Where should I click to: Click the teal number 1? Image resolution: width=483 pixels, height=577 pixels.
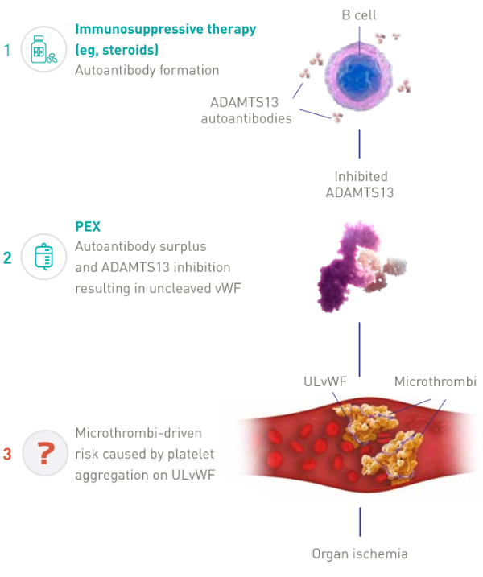coord(8,51)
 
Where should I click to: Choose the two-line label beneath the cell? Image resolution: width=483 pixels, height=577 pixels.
coord(361,183)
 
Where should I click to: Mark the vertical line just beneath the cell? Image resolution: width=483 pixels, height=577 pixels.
coord(361,145)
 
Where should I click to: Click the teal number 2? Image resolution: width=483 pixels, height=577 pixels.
coord(8,258)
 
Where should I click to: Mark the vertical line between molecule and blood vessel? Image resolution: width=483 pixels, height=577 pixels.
coord(361,346)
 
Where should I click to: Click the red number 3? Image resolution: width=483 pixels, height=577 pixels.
coord(8,455)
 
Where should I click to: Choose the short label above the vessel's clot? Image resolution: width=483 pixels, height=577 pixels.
coord(324,379)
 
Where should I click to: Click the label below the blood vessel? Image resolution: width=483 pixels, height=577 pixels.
coord(361,554)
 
